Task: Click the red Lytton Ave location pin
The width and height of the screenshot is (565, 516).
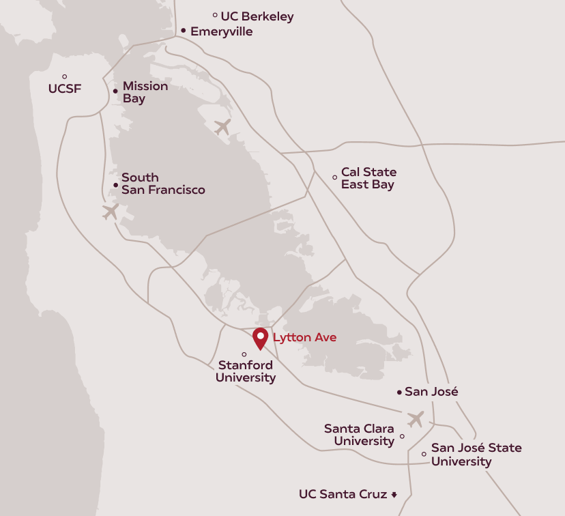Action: [x=260, y=337]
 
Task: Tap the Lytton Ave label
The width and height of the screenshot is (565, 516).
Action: [x=304, y=337]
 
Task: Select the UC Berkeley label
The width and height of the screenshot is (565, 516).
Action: [x=257, y=16]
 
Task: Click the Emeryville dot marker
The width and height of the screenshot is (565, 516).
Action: [x=184, y=31]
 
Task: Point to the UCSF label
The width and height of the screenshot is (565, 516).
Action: [x=66, y=89]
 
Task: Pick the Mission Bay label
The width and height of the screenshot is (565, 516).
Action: [x=145, y=92]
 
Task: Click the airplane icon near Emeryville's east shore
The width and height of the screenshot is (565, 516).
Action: [x=222, y=126]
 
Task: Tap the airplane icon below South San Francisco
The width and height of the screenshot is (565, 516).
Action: [x=111, y=211]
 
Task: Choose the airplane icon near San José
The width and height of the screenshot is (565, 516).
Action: [x=415, y=418]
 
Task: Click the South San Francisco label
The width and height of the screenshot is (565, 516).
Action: [x=162, y=184]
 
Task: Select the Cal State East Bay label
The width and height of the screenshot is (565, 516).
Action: [x=368, y=178]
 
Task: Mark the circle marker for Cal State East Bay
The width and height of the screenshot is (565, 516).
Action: [x=334, y=177]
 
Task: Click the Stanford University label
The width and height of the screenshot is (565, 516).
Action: [x=246, y=371]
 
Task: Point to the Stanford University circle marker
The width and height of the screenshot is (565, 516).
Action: [x=244, y=354]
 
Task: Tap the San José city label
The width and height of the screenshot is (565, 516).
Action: [x=431, y=392]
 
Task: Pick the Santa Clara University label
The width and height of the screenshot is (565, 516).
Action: [x=359, y=435]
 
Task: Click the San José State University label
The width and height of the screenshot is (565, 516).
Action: [x=476, y=455]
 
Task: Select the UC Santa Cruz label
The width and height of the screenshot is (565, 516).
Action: [x=343, y=493]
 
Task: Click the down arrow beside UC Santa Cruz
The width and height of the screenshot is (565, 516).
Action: [x=394, y=494]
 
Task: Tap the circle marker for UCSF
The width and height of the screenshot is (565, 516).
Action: [x=65, y=76]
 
